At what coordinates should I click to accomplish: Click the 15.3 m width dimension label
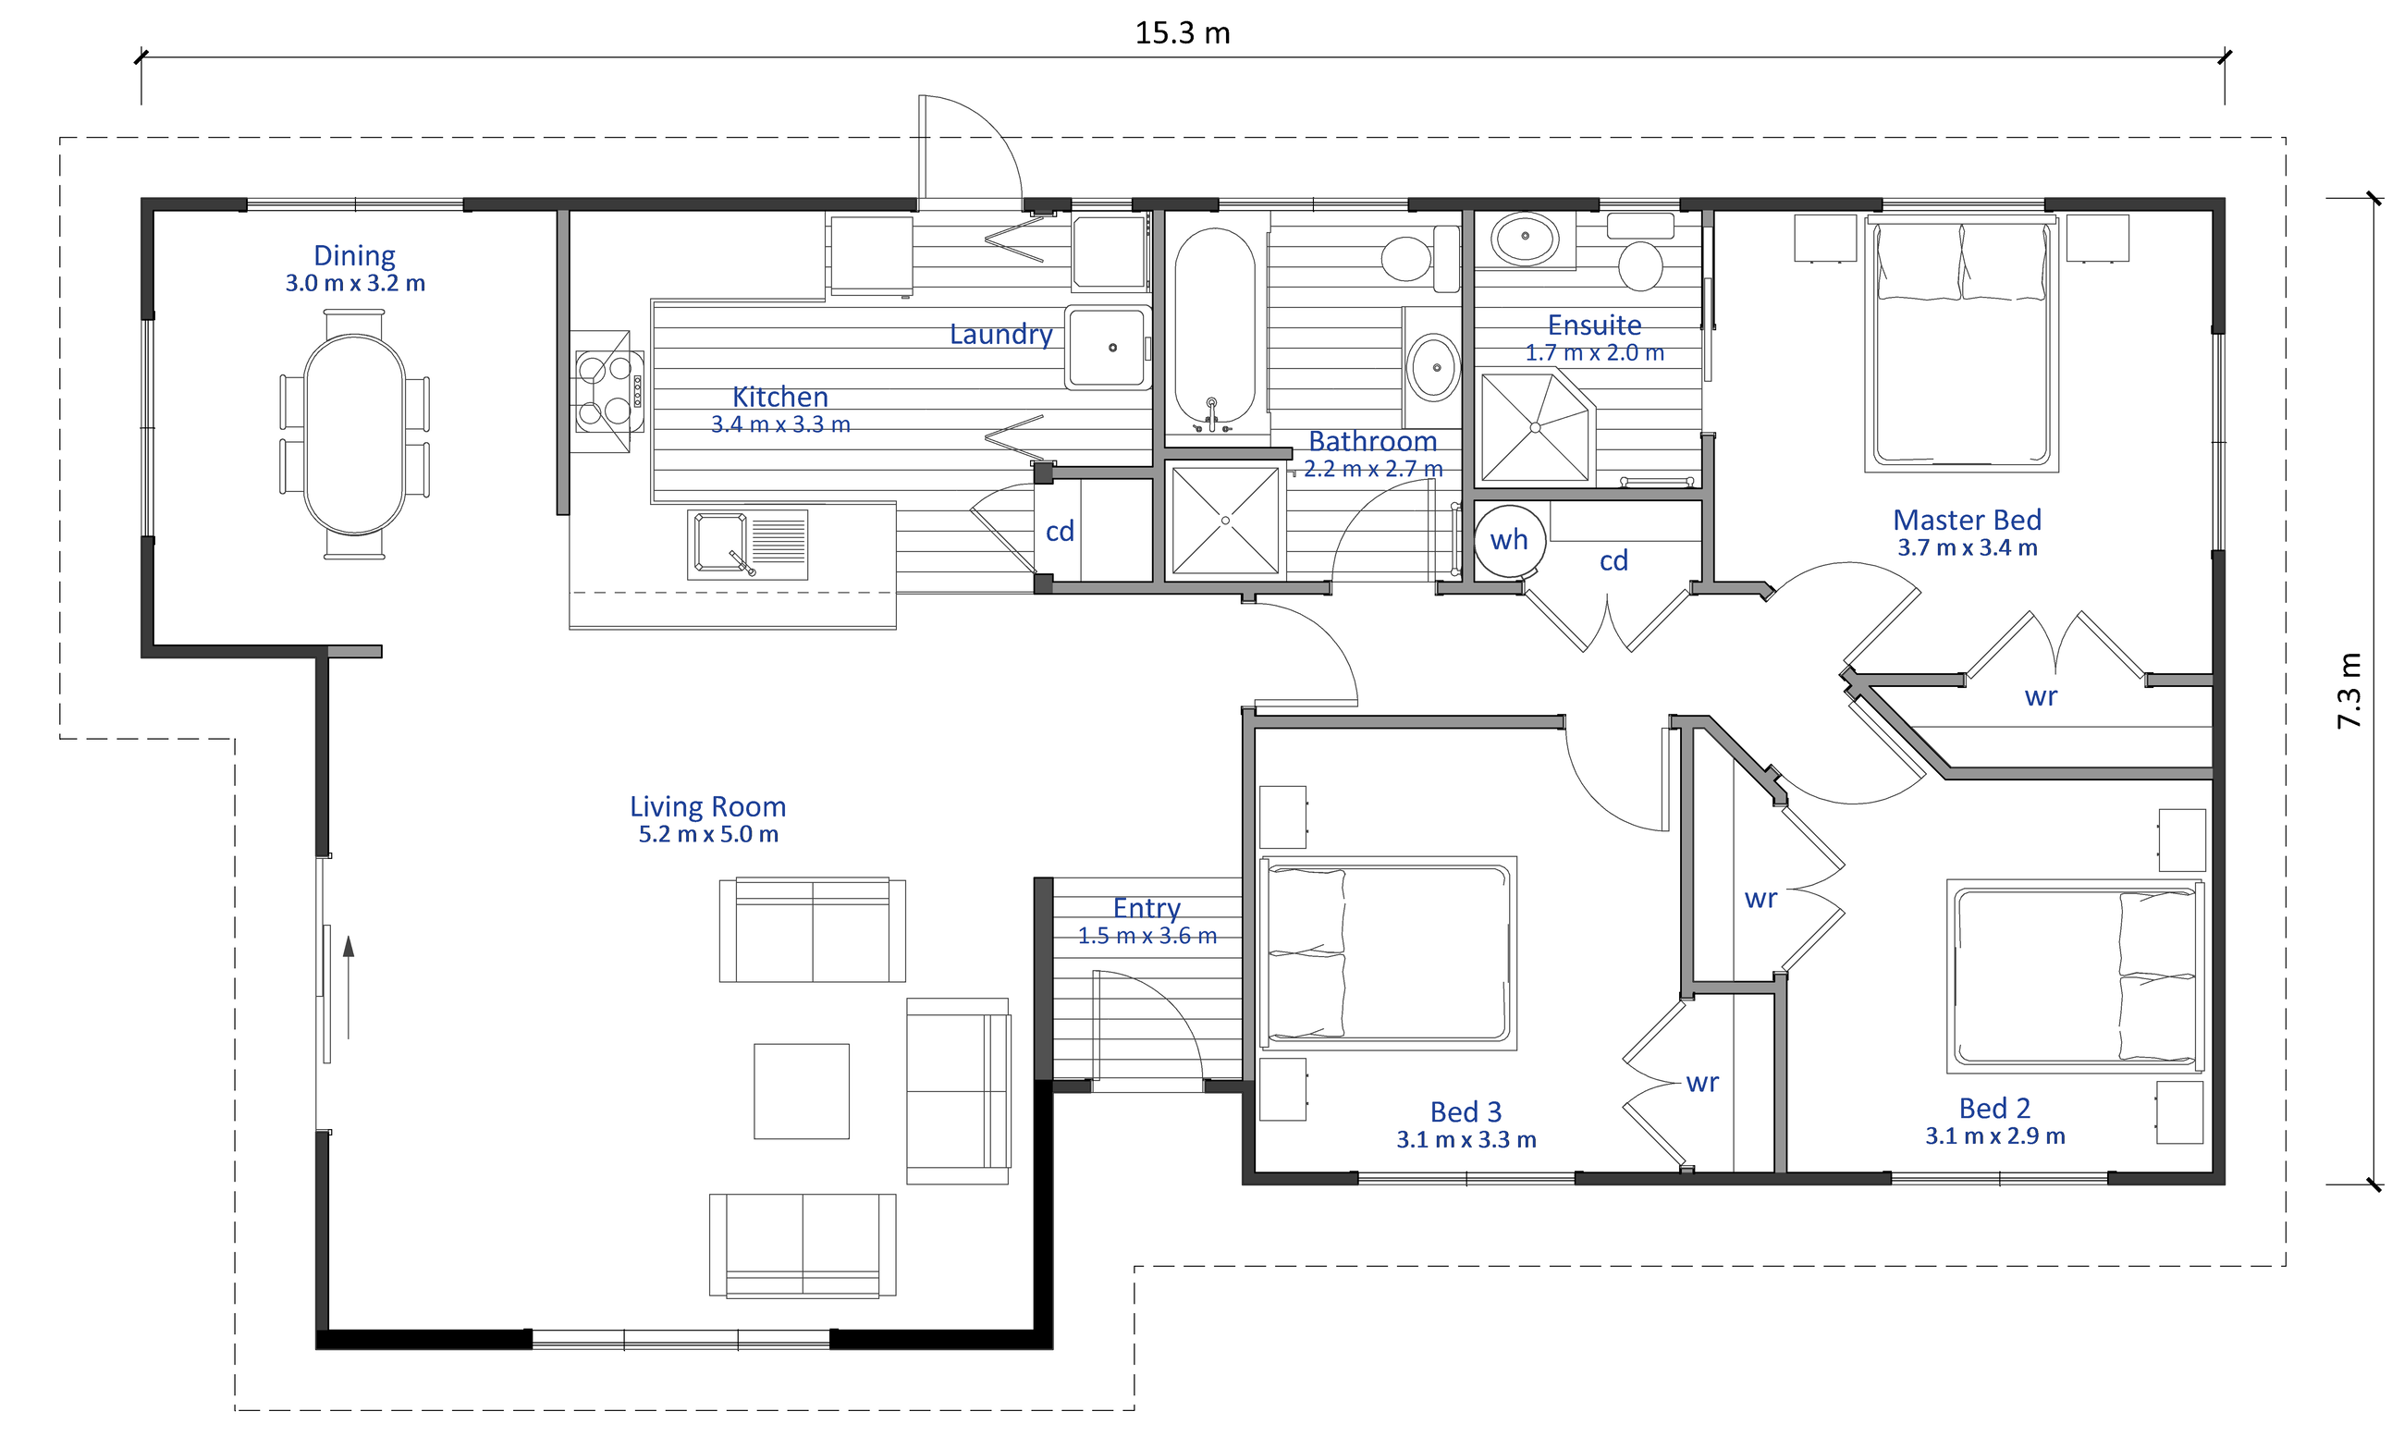coord(1183,34)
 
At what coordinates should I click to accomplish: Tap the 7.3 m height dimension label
coord(2349,691)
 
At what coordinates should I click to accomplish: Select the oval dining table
coord(354,435)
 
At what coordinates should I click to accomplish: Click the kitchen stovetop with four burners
coord(608,392)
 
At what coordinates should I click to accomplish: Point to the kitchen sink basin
coord(719,543)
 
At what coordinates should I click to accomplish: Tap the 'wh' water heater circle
coord(1509,541)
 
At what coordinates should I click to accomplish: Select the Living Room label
coord(707,807)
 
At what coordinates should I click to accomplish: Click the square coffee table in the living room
coord(801,1090)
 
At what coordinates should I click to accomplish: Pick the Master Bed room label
coord(1967,521)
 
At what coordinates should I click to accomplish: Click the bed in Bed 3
coord(1387,953)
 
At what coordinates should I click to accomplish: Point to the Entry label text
coord(1147,909)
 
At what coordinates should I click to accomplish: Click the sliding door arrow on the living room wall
coord(349,987)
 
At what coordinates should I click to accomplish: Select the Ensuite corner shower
coord(1535,427)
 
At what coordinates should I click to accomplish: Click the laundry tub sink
coord(1108,349)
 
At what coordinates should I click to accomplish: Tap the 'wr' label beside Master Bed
coord(2041,696)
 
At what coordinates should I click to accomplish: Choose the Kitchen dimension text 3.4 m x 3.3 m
coord(779,424)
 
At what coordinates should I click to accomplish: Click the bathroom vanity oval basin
coord(1433,368)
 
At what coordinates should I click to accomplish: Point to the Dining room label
coord(354,255)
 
